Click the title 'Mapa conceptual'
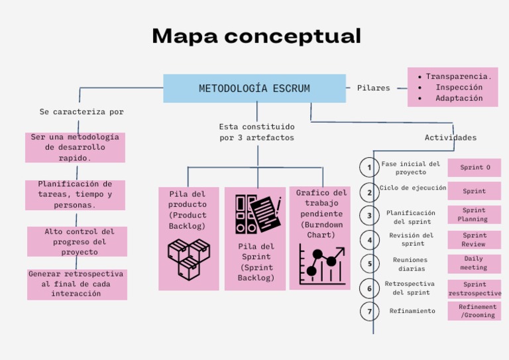(256, 36)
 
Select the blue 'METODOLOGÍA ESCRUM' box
(254, 88)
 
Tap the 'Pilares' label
(373, 88)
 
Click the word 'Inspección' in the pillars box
(458, 88)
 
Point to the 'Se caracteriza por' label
(82, 112)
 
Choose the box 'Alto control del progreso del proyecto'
(78, 242)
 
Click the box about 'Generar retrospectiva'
(76, 284)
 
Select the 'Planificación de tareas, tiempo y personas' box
(75, 195)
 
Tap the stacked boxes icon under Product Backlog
(188, 259)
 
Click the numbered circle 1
(370, 167)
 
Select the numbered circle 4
(370, 240)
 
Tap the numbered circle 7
(370, 311)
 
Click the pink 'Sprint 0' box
(475, 168)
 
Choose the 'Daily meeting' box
(474, 263)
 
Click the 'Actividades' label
(450, 138)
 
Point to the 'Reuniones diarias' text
(410, 265)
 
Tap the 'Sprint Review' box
(475, 239)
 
